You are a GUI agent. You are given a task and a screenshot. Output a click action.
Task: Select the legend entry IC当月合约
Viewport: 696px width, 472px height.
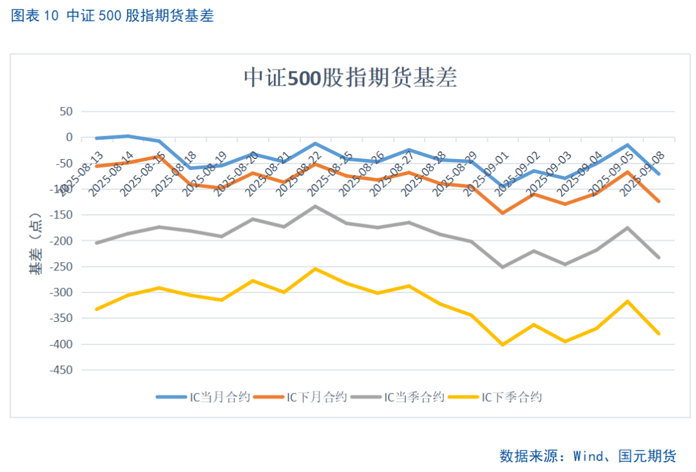(202, 397)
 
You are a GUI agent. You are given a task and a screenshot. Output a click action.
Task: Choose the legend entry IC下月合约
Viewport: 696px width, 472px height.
(301, 397)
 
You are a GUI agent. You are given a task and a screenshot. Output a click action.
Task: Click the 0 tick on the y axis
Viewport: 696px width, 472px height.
(68, 137)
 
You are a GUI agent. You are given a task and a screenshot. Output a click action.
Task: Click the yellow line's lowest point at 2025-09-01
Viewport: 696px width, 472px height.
(503, 345)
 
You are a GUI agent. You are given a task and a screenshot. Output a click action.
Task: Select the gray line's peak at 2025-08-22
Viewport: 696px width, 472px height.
(315, 206)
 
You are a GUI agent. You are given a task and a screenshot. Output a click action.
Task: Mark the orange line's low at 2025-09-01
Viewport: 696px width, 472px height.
(503, 212)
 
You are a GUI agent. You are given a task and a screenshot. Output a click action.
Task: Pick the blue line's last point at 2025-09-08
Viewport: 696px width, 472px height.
(659, 174)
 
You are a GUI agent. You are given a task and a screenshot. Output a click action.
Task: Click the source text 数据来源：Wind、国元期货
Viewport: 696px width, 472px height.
(588, 456)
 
